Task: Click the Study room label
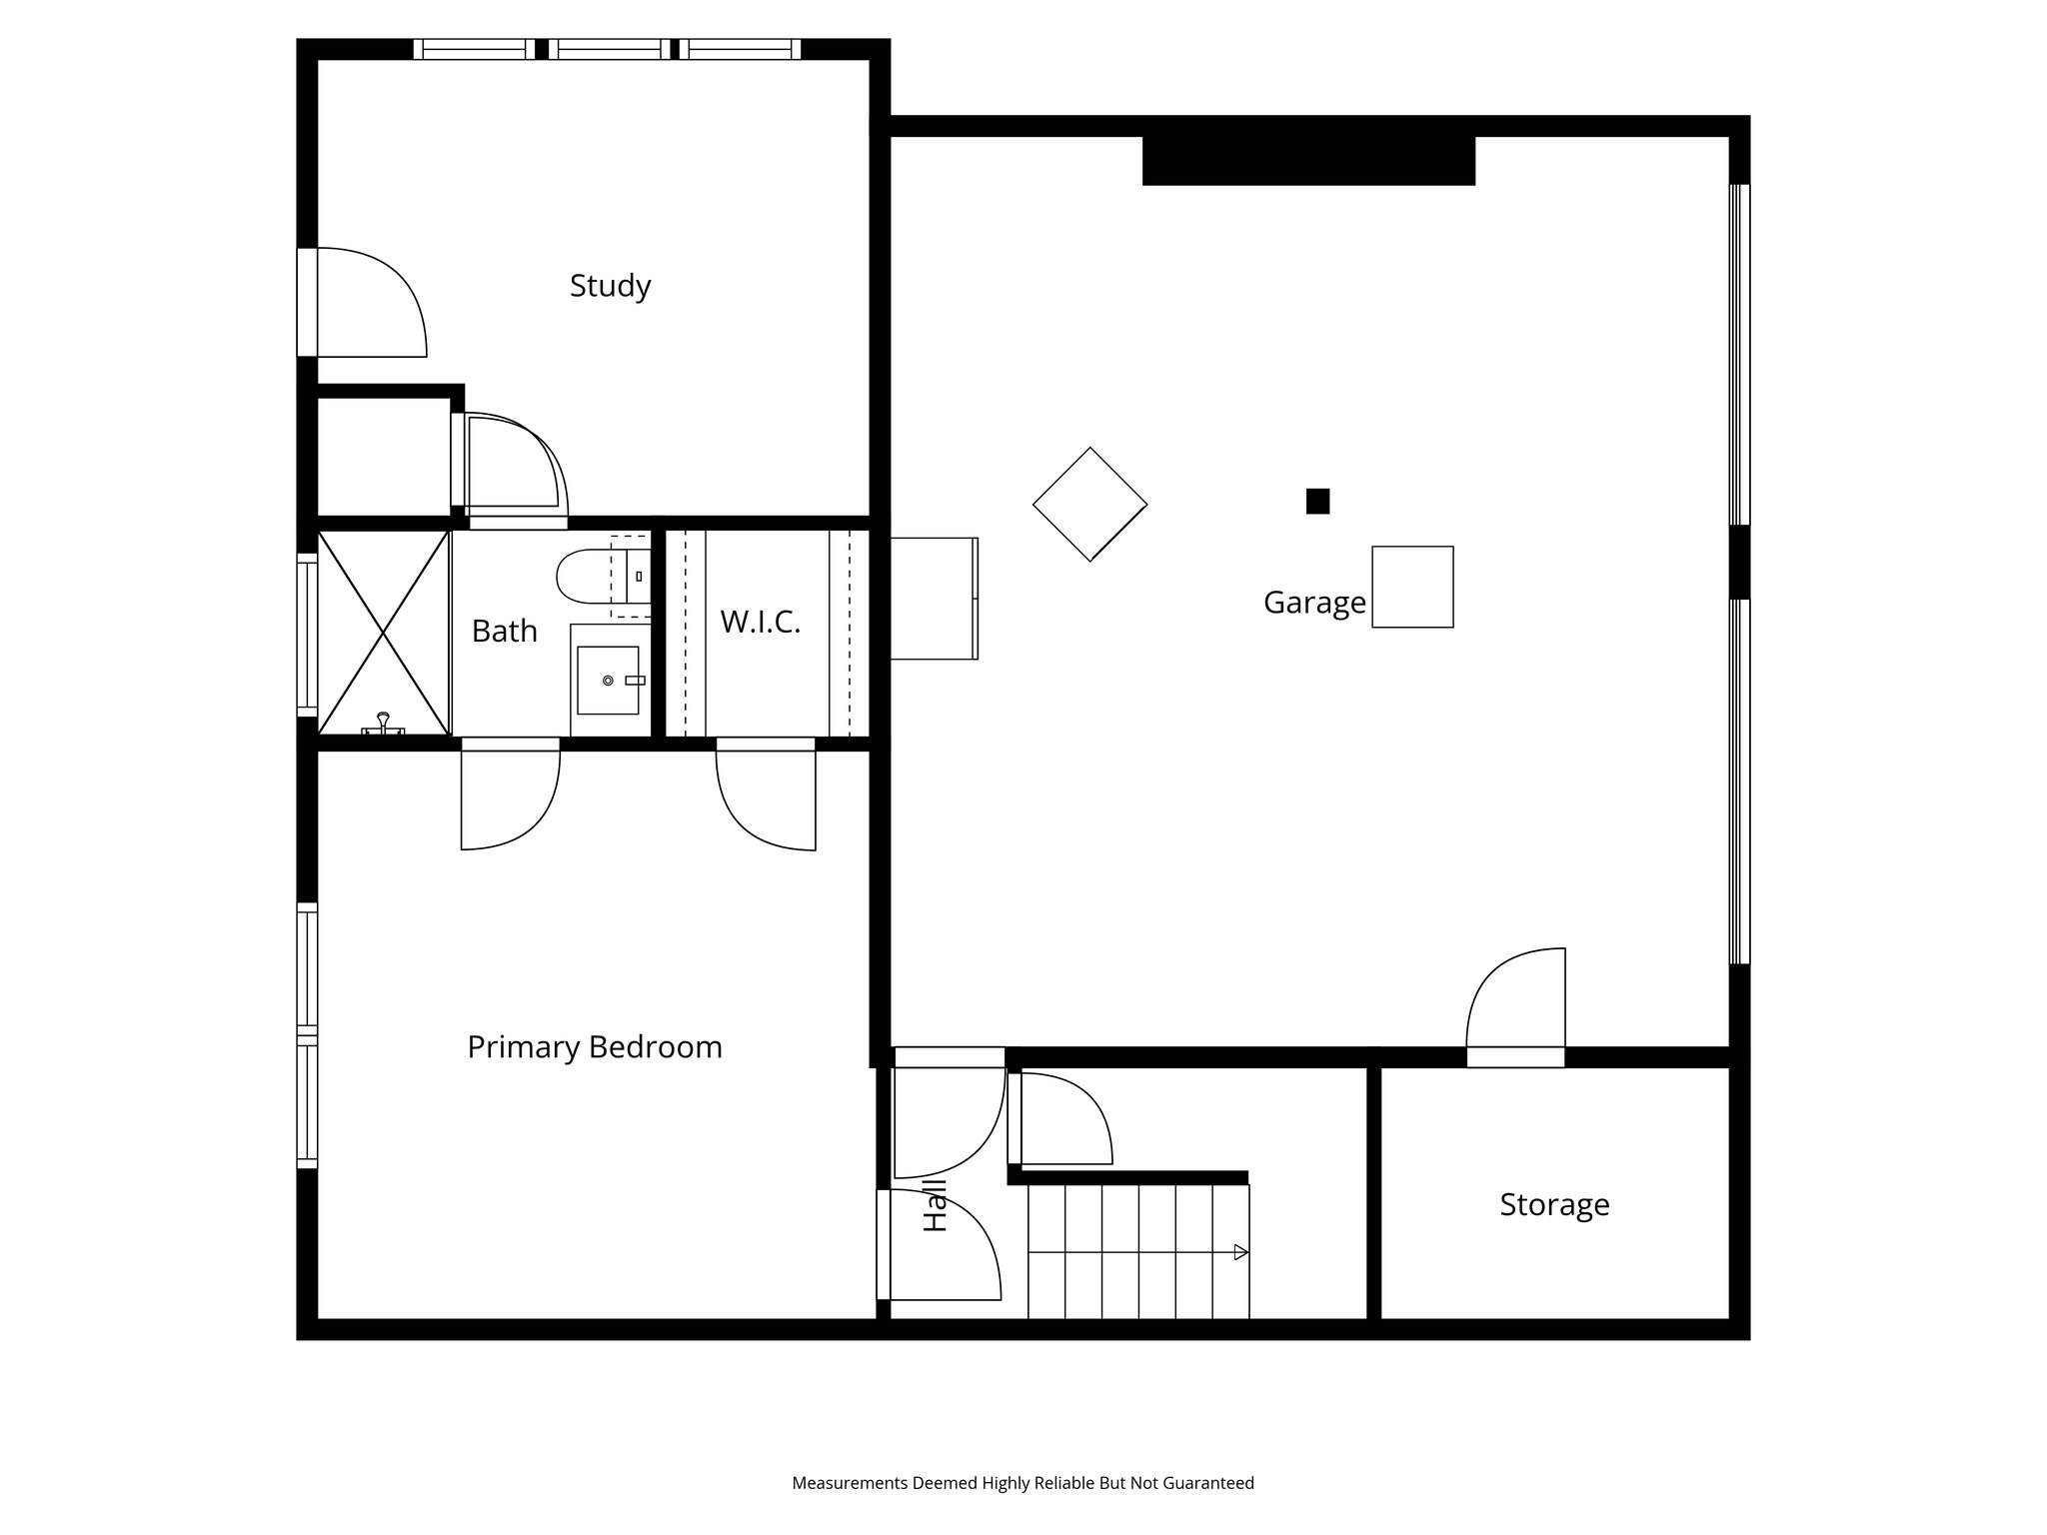610,286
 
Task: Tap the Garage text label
1313,603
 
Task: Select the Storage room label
1553,1204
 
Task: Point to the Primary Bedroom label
595,1047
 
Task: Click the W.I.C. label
760,623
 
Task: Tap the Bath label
504,632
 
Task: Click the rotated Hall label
935,1205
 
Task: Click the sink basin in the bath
608,680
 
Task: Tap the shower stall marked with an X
383,632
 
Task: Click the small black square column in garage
1317,501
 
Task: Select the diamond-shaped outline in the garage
1089,504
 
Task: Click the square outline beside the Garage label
1411,587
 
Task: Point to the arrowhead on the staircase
1240,1252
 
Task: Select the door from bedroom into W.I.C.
767,796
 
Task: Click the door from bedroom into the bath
510,796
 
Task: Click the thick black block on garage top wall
1307,161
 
